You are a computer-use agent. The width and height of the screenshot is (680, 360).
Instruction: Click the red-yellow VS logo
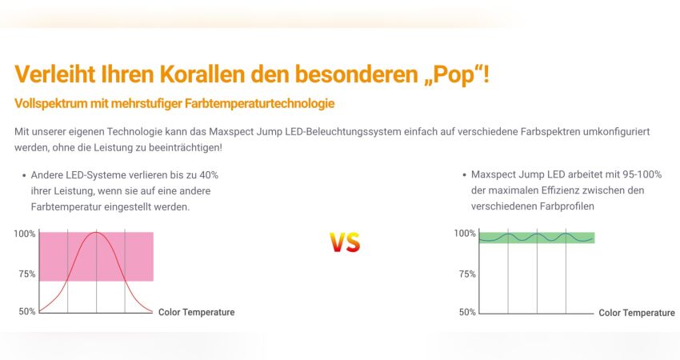[346, 242]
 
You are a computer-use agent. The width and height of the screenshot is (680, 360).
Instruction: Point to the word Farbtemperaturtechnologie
[259, 104]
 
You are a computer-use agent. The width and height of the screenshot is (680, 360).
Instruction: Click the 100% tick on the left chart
[25, 234]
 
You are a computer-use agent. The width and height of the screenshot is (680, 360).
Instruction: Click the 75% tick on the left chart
[27, 274]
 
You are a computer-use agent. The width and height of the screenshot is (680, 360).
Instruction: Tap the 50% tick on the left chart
[27, 311]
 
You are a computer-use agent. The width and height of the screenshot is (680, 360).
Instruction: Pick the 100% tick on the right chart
[465, 234]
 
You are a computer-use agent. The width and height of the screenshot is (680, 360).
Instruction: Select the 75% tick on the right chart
[467, 274]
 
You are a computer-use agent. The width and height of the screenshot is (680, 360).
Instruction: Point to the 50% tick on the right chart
[467, 312]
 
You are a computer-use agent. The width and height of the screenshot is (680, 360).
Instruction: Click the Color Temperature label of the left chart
[197, 312]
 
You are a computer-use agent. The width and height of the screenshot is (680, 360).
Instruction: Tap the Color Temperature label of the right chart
[637, 313]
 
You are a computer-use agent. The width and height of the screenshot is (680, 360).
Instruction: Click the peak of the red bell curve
[96, 233]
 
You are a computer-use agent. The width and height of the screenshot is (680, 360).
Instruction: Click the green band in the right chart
[537, 238]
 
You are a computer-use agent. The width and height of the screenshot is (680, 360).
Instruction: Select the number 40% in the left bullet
[209, 175]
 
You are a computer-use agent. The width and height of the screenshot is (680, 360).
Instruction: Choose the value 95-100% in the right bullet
[642, 174]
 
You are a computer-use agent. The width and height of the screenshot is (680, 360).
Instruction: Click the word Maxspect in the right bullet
[491, 174]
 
